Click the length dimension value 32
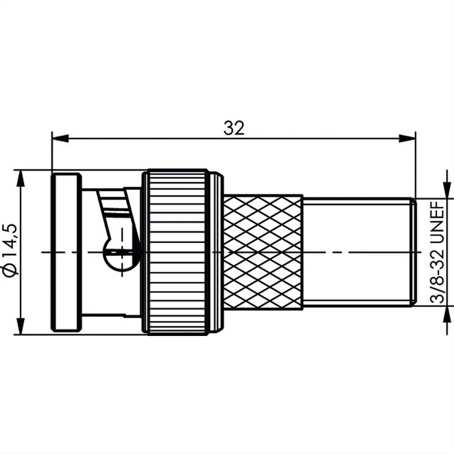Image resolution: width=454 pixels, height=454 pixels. [x=234, y=128]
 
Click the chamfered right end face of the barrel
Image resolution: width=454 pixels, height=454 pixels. [x=414, y=252]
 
